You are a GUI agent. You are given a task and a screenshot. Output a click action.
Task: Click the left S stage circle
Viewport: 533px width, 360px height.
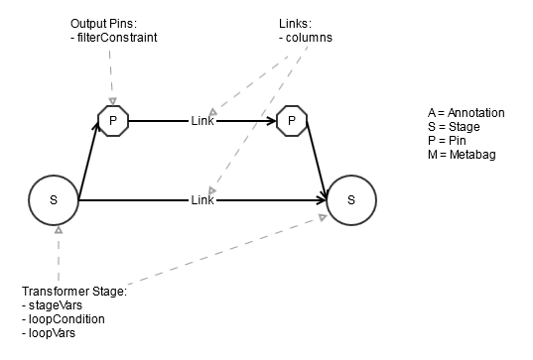pos(54,199)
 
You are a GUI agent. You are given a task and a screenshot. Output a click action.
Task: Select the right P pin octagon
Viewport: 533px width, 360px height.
pos(291,121)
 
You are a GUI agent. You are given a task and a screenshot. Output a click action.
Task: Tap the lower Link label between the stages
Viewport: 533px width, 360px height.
pos(201,200)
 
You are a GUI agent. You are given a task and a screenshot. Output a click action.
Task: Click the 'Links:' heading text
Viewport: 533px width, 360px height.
pos(295,23)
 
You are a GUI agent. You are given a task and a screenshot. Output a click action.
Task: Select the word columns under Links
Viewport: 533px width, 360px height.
pos(309,37)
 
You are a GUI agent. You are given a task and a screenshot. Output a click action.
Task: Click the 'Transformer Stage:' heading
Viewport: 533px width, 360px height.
pos(74,292)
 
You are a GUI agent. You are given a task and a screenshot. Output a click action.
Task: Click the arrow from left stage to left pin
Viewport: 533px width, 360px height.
pos(88,164)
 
